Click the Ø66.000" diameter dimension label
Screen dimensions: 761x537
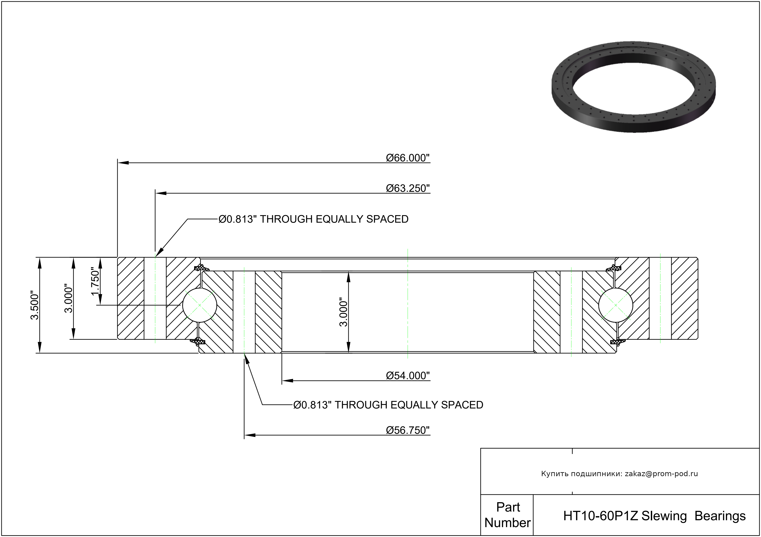point(408,158)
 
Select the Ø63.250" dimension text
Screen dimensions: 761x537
point(408,188)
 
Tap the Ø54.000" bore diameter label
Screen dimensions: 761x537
point(408,376)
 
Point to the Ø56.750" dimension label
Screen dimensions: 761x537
point(408,430)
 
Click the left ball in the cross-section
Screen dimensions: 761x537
point(199,305)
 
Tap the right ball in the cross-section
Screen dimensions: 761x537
point(616,305)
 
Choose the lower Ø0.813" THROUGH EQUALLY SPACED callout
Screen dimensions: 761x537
point(388,405)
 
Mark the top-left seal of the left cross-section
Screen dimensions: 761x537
point(201,267)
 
